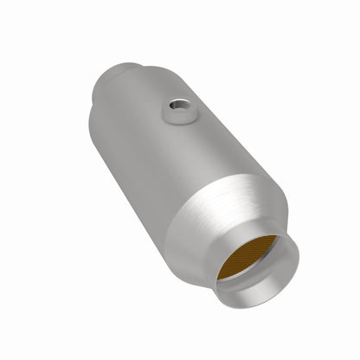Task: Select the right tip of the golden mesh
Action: pos(276,237)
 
